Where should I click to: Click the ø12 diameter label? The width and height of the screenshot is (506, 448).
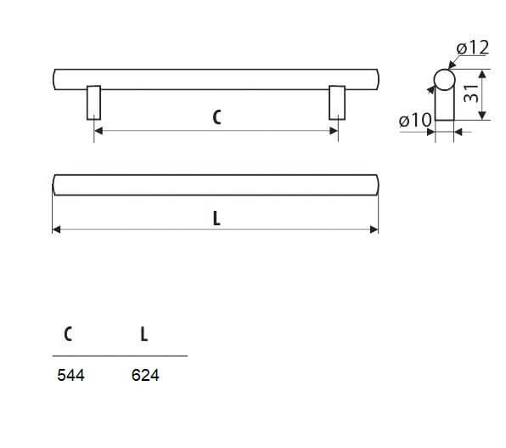(473, 48)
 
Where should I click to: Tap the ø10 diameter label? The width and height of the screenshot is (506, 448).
(415, 120)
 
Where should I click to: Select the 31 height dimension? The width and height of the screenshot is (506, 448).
(471, 94)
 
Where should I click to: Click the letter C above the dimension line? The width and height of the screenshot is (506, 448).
(216, 117)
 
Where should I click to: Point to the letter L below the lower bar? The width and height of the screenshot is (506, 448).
(216, 218)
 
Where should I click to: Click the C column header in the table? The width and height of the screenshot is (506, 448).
(68, 334)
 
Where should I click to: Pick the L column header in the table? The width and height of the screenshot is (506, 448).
(144, 334)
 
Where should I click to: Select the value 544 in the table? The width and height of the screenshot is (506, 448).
(70, 375)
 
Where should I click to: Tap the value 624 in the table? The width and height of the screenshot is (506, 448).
(145, 375)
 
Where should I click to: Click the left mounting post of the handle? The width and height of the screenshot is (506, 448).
(93, 103)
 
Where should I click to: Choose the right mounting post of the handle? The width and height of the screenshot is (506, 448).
(337, 103)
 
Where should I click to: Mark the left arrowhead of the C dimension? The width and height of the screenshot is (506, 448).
(98, 131)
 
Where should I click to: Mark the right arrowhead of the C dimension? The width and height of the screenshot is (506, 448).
(334, 131)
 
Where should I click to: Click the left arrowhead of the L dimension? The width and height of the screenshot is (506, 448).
(57, 230)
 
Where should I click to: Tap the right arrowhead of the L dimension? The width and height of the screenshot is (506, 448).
(374, 230)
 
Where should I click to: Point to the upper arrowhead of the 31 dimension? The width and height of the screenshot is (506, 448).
(482, 74)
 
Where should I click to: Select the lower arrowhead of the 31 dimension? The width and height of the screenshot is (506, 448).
(482, 116)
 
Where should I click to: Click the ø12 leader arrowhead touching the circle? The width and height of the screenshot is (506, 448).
(453, 65)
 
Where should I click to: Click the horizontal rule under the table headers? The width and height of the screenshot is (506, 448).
(120, 356)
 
